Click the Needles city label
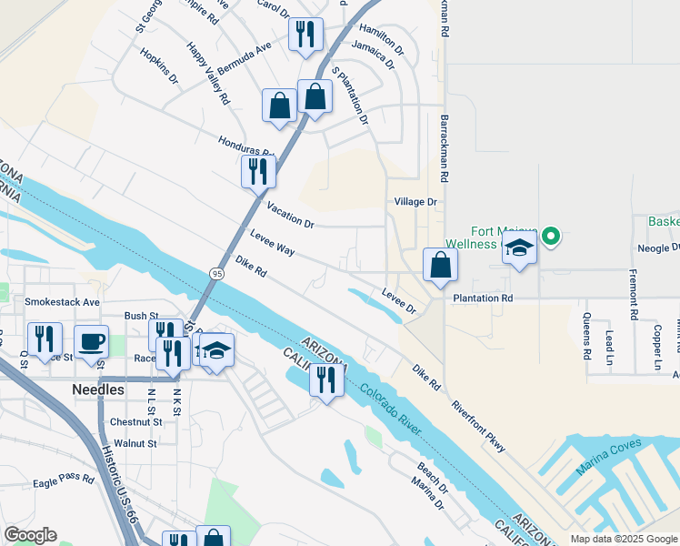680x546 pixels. (x=97, y=389)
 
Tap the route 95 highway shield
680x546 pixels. (x=215, y=273)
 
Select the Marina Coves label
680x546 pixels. (x=608, y=458)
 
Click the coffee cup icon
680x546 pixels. (x=90, y=341)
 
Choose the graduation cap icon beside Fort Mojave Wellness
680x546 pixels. (x=519, y=248)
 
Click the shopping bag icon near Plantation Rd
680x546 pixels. (x=440, y=266)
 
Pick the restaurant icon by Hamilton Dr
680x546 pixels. (x=305, y=35)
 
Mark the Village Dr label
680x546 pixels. (x=415, y=202)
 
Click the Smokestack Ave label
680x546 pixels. (x=62, y=301)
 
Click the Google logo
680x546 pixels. (x=30, y=535)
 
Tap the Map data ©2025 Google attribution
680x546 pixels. (x=623, y=539)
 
